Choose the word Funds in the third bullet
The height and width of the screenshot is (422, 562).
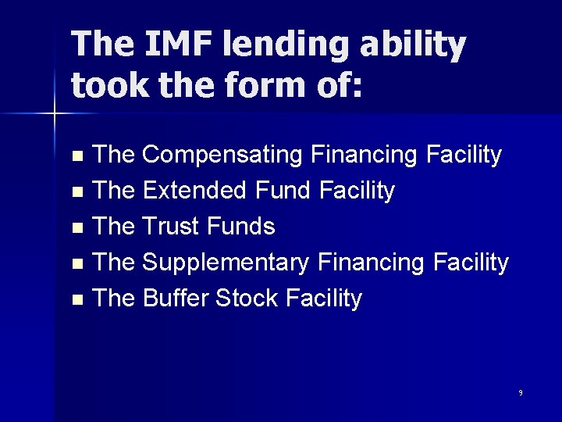pos(244,227)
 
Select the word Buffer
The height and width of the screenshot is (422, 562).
pos(178,299)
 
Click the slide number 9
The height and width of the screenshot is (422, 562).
pos(520,392)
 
